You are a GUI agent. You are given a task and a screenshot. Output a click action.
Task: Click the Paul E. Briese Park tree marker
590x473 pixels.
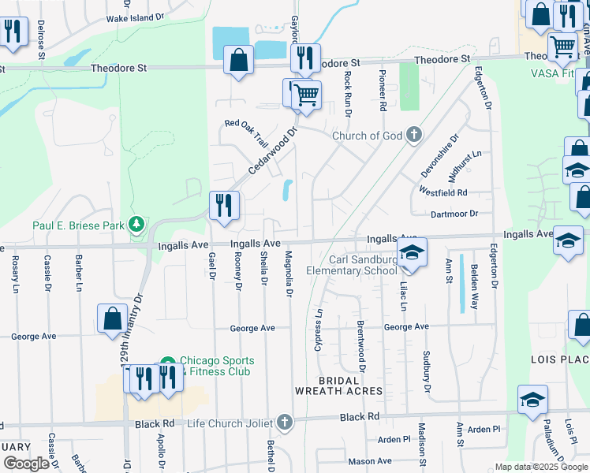point(137,225)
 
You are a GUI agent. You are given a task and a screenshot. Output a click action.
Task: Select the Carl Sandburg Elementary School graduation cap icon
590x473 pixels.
point(411,252)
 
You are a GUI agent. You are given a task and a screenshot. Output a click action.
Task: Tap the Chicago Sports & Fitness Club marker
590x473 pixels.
point(167,365)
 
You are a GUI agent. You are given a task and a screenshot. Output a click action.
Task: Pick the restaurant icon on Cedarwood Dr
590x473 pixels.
point(224,207)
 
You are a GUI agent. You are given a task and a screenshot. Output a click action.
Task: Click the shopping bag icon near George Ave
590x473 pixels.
point(112,318)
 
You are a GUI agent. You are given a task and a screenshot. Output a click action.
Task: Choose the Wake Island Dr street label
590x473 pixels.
point(135,16)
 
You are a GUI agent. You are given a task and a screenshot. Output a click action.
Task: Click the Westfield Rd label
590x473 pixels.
point(443,192)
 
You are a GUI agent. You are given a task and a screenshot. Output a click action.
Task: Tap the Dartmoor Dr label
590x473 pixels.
point(454,214)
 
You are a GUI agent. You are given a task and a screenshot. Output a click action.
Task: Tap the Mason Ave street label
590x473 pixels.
point(370,461)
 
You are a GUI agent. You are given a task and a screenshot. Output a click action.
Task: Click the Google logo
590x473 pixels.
point(26,463)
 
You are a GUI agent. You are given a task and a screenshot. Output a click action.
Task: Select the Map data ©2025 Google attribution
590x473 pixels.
point(540,467)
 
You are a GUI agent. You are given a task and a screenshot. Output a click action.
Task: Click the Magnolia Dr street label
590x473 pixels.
point(289,275)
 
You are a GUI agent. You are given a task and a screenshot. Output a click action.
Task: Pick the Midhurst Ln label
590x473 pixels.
point(465,166)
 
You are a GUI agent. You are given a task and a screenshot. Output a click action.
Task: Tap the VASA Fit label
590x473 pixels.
point(552,73)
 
